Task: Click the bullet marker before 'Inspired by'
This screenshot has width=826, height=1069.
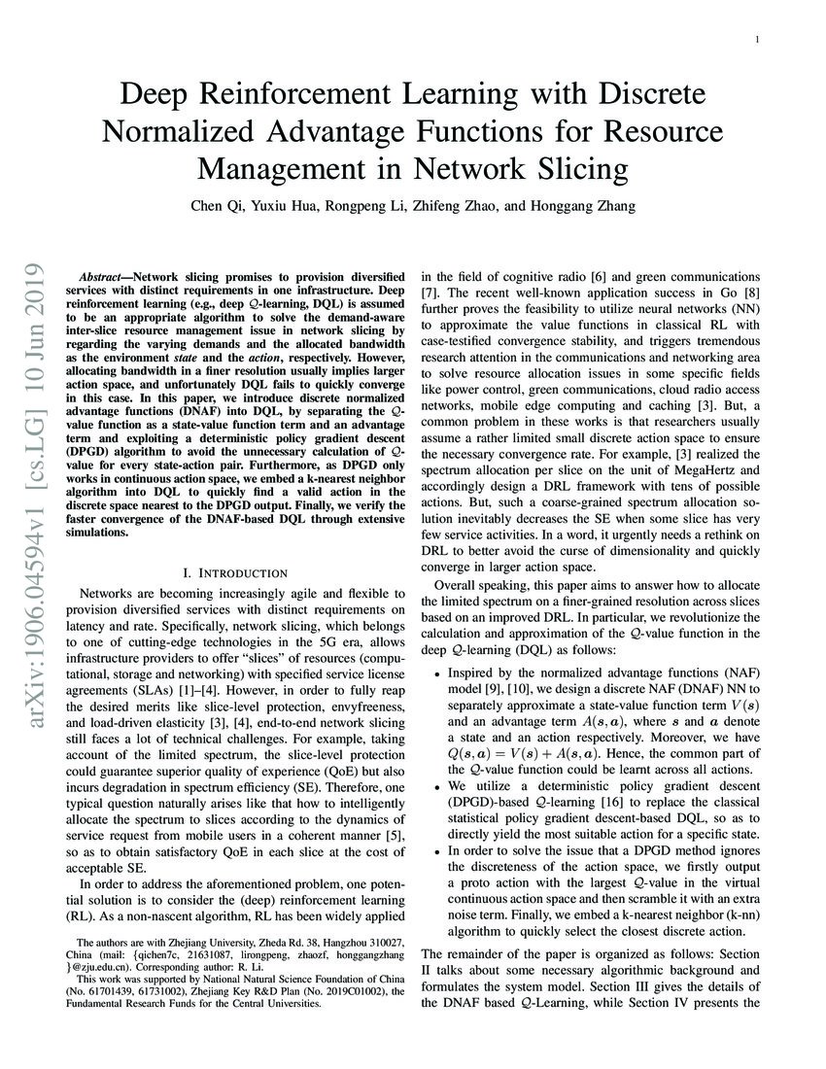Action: [439, 674]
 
